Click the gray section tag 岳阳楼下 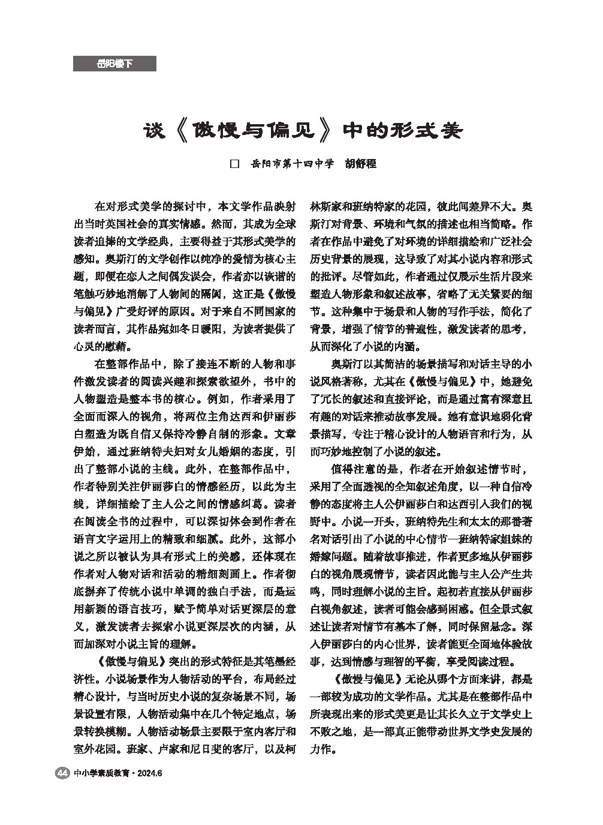[x=114, y=64]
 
